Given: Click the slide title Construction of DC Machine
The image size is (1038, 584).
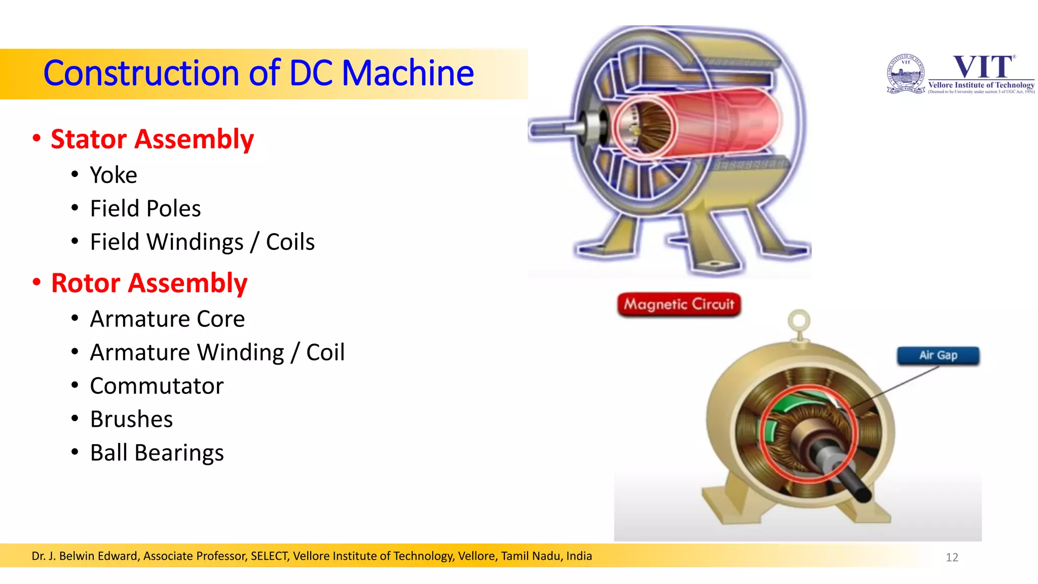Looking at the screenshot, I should pyautogui.click(x=258, y=73).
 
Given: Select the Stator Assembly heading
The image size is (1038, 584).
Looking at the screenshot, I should pyautogui.click(x=152, y=139).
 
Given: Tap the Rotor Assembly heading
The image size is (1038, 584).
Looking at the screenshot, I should pyautogui.click(x=149, y=283).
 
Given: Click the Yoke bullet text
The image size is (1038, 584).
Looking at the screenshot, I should pyautogui.click(x=114, y=175).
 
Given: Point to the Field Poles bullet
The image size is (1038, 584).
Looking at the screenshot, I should pyautogui.click(x=145, y=209).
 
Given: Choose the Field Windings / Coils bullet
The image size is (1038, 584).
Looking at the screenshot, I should pyautogui.click(x=202, y=242).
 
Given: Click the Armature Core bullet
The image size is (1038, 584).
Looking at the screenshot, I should pyautogui.click(x=167, y=319).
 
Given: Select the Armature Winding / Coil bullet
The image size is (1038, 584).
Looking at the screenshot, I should pyautogui.click(x=217, y=353).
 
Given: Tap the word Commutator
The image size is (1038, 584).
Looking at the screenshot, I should pyautogui.click(x=157, y=386).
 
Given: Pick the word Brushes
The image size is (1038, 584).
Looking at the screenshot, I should pyautogui.click(x=131, y=420).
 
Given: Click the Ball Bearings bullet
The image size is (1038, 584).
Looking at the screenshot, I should pyautogui.click(x=157, y=453).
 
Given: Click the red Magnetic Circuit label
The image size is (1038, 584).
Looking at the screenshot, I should pyautogui.click(x=679, y=304).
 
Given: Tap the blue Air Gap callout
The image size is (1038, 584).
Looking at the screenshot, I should pyautogui.click(x=938, y=355).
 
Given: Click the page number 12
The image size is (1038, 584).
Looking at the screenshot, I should pyautogui.click(x=952, y=558).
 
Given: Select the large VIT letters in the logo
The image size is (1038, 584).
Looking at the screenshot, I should pyautogui.click(x=983, y=67).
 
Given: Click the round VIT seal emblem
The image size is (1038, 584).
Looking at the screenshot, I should pyautogui.click(x=906, y=74).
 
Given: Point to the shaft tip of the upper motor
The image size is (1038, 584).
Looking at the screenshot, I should pyautogui.click(x=537, y=131).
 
